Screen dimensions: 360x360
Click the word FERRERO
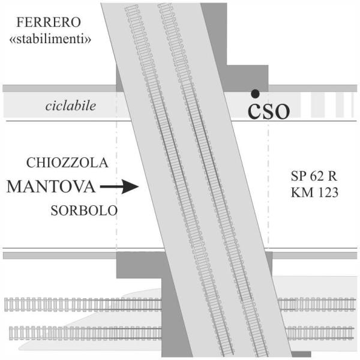(x=49, y=24)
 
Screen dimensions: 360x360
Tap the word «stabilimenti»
(x=54, y=42)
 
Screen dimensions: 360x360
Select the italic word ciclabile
(x=71, y=107)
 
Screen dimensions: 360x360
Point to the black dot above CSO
(x=255, y=93)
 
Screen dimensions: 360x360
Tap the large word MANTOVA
(x=51, y=187)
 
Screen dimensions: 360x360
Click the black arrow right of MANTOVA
(x=119, y=188)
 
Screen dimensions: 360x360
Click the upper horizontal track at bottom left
(x=78, y=304)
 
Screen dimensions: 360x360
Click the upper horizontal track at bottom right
(x=318, y=304)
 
